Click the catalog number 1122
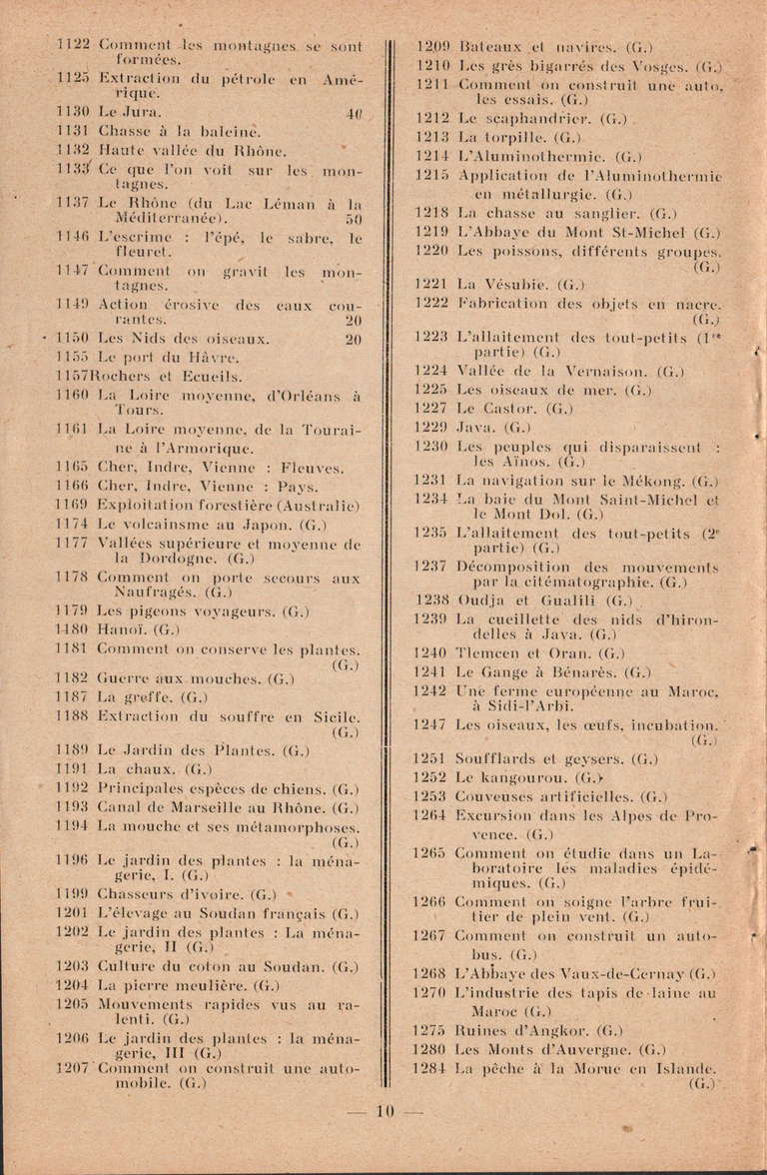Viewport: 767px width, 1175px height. click(74, 46)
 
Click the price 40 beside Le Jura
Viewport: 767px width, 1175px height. click(353, 113)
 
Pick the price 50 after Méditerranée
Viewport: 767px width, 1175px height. click(353, 218)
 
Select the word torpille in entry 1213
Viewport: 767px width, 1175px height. click(512, 137)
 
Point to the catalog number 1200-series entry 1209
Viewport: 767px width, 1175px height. click(433, 46)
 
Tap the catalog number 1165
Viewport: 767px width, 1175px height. click(74, 467)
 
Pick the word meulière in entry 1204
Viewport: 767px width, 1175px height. click(201, 984)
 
